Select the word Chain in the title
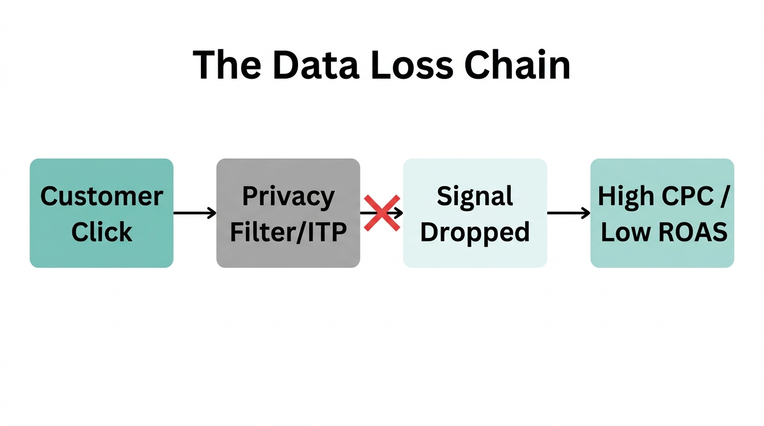[x=517, y=65]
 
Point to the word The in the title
[x=227, y=65]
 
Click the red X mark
[x=382, y=213]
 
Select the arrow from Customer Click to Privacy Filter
[x=194, y=213]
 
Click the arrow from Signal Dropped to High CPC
[x=569, y=213]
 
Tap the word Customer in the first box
[x=102, y=196]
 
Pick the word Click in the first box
[x=102, y=232]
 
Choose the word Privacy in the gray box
[x=288, y=196]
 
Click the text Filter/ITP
[x=288, y=232]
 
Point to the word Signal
[x=475, y=196]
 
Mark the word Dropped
[x=475, y=232]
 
